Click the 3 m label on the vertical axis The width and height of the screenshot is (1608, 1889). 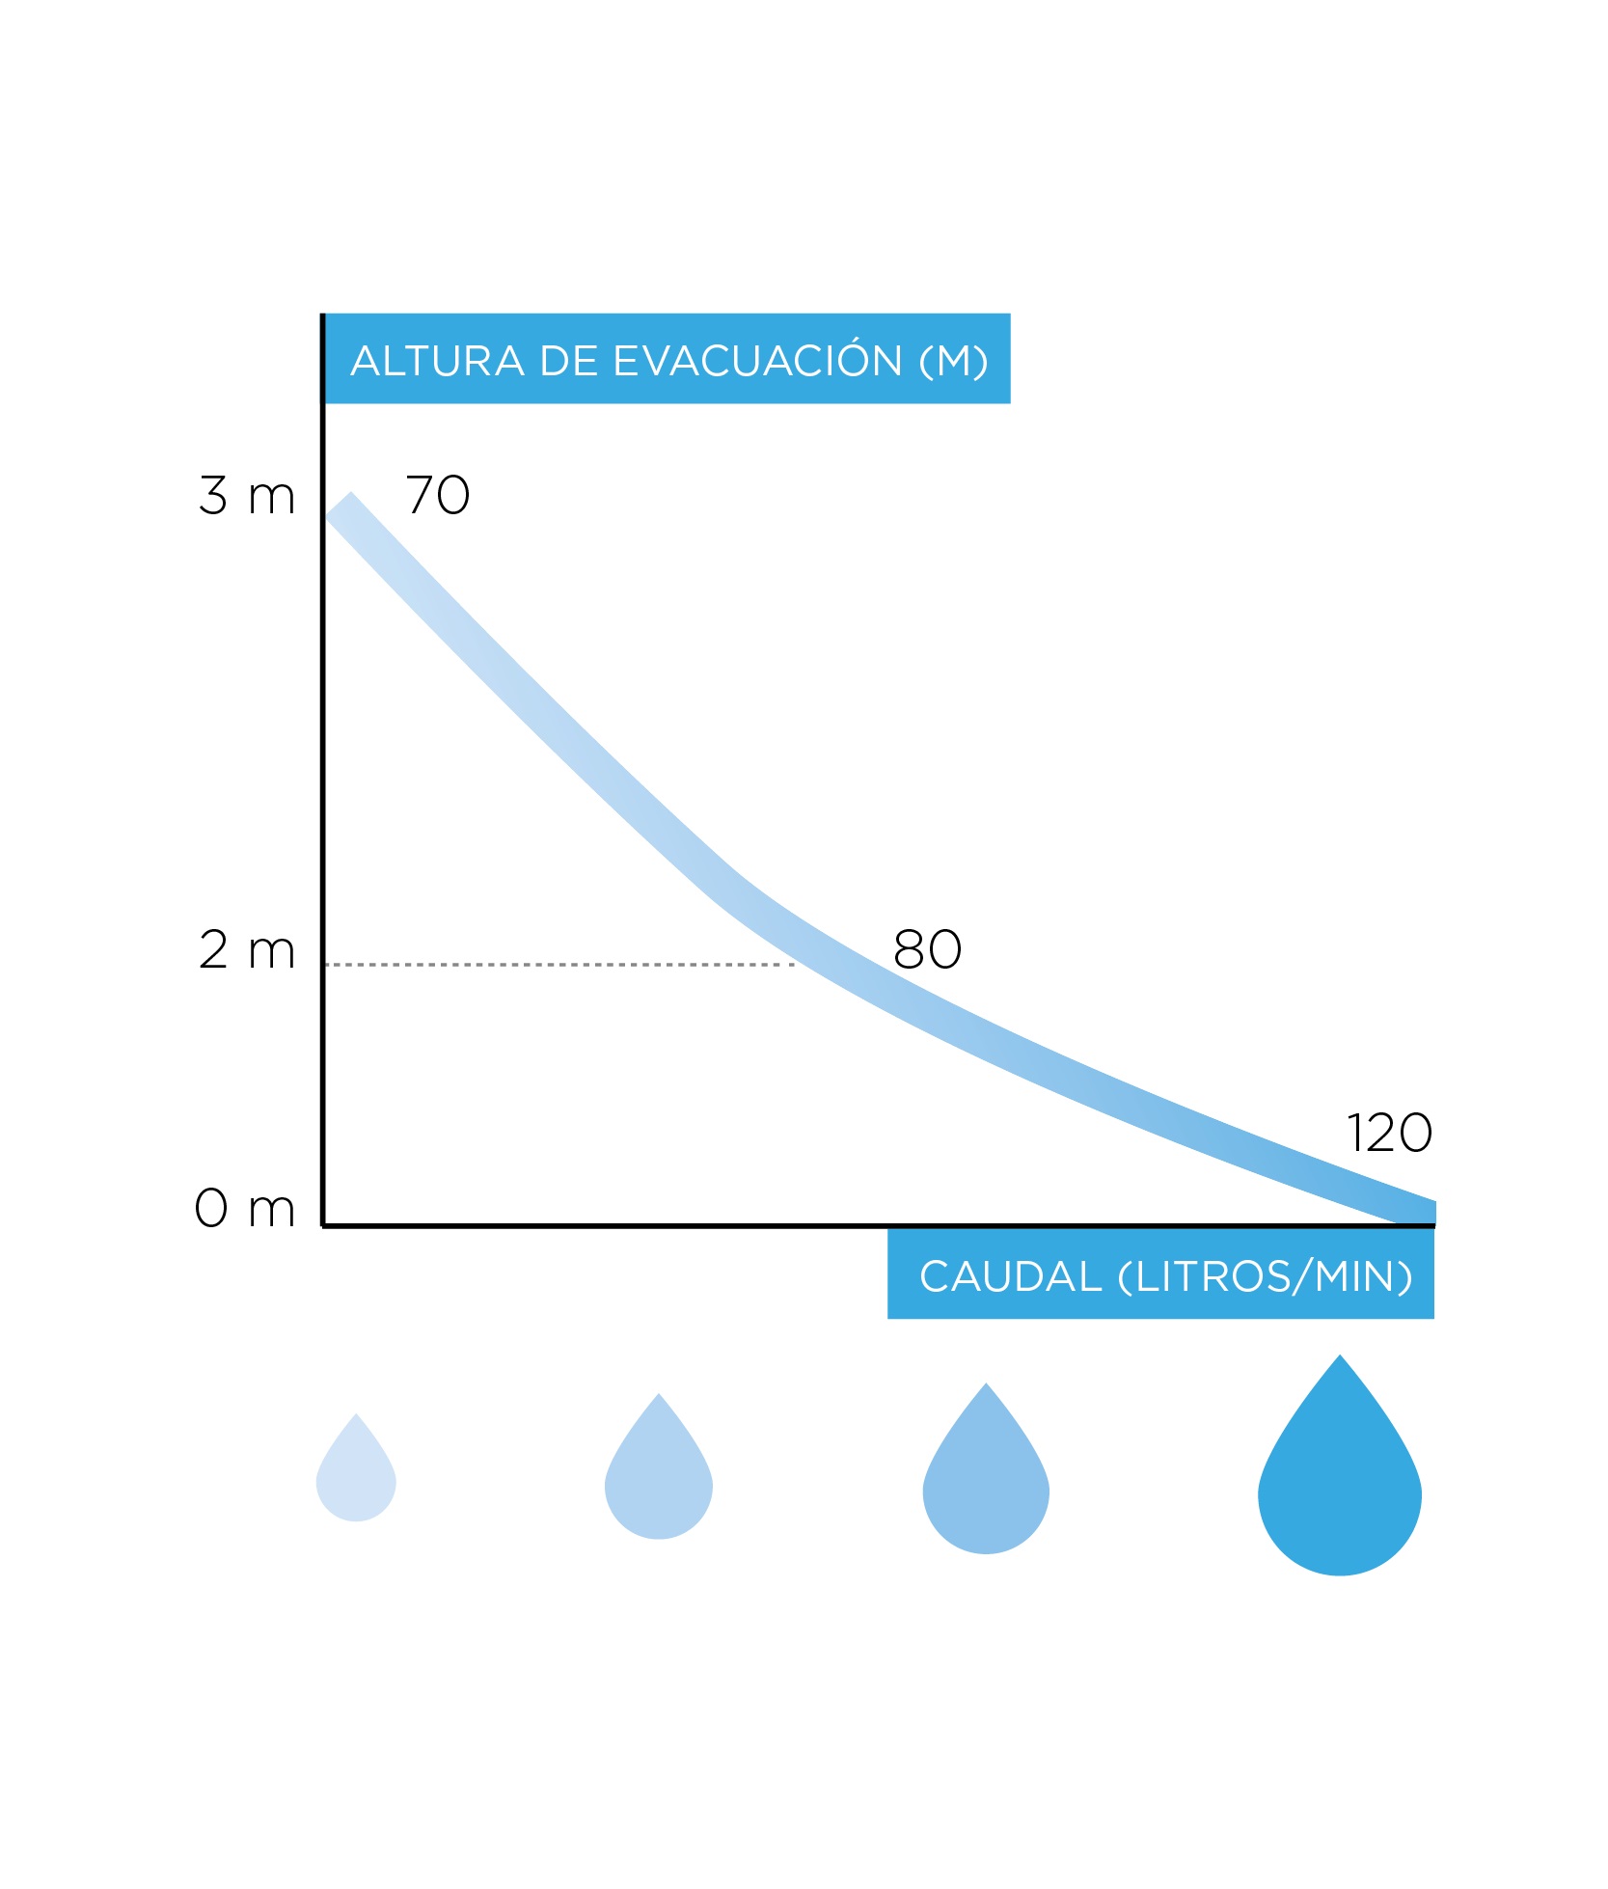(246, 496)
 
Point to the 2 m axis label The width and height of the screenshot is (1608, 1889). (246, 950)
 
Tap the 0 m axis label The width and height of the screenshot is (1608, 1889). (244, 1208)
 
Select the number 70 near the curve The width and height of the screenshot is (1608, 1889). (437, 496)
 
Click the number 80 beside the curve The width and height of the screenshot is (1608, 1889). (927, 950)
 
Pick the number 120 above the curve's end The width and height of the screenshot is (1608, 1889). (1389, 1134)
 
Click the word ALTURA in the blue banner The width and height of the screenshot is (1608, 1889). (437, 361)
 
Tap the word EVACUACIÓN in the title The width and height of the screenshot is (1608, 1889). (757, 361)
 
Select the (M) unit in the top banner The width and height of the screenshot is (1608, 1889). (953, 361)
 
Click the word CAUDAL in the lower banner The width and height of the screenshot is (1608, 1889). (1010, 1276)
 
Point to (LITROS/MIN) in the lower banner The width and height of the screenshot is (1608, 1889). (1265, 1276)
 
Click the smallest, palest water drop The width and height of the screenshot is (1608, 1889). (356, 1476)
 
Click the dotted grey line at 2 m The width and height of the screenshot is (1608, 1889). (559, 964)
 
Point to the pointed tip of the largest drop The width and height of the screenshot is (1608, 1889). (1340, 1357)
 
